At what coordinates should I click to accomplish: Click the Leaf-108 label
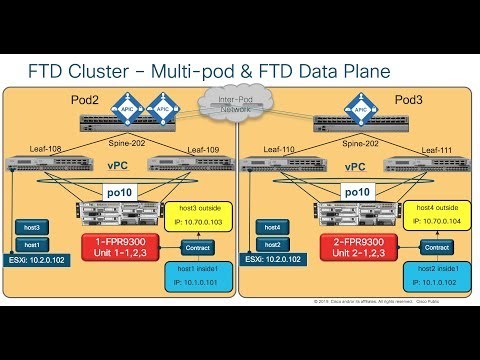(44, 148)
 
